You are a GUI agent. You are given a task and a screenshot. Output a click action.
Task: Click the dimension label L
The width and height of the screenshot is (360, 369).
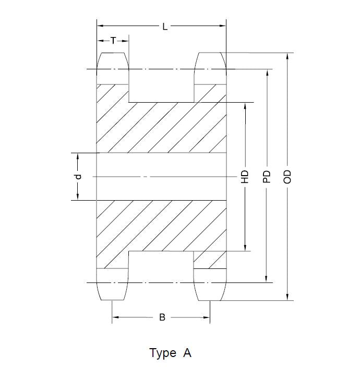(x=165, y=26)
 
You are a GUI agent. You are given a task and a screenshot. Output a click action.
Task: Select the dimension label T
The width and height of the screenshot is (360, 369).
(x=113, y=40)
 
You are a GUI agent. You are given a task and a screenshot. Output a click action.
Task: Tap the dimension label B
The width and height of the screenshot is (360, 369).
(x=162, y=317)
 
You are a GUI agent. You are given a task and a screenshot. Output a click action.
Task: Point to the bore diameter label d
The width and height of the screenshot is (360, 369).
(x=78, y=177)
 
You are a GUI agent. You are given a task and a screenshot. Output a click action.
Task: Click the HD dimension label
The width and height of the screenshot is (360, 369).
(x=245, y=177)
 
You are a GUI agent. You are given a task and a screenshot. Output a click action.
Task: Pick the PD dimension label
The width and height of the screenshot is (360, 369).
(x=267, y=177)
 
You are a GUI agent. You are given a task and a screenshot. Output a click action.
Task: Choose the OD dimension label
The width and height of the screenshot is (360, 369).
(x=287, y=177)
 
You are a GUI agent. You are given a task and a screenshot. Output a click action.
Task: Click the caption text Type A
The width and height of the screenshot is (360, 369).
(x=171, y=353)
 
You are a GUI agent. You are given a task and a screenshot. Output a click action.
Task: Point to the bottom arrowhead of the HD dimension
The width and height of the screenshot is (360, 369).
(x=245, y=248)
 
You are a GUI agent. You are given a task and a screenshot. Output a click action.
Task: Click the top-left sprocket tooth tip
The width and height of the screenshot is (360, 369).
(x=113, y=53)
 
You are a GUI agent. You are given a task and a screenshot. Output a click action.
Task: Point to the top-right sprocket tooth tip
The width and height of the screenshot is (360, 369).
(x=211, y=53)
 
